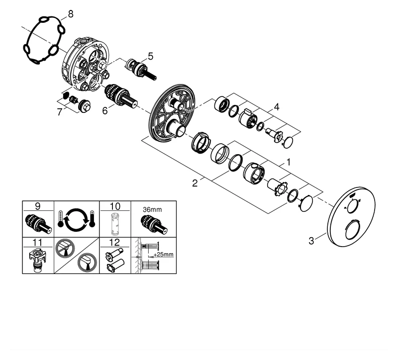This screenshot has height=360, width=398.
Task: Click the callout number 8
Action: pyautogui.click(x=70, y=14)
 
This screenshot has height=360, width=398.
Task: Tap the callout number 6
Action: pyautogui.click(x=105, y=111)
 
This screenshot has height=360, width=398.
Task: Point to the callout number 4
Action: pyautogui.click(x=277, y=106)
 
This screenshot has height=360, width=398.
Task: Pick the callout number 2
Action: pyautogui.click(x=195, y=183)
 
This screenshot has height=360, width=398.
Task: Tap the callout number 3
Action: pyautogui.click(x=311, y=242)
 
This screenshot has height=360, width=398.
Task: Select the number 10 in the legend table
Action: pyautogui.click(x=115, y=205)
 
